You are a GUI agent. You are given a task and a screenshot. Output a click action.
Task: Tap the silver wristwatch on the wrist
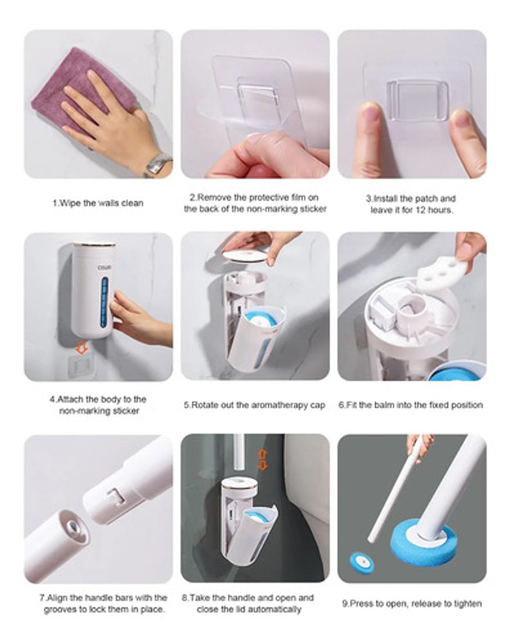click(159, 164)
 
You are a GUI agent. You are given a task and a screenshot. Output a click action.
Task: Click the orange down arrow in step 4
click(81, 348)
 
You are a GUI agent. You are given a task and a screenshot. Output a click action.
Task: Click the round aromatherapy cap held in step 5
click(245, 256)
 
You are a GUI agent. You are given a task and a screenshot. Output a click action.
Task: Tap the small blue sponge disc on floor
click(361, 562)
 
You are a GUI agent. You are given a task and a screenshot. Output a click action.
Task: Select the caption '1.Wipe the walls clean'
click(98, 203)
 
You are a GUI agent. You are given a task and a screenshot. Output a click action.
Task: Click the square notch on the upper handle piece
click(117, 498)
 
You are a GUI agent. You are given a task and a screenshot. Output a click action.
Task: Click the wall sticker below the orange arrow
click(81, 365)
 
